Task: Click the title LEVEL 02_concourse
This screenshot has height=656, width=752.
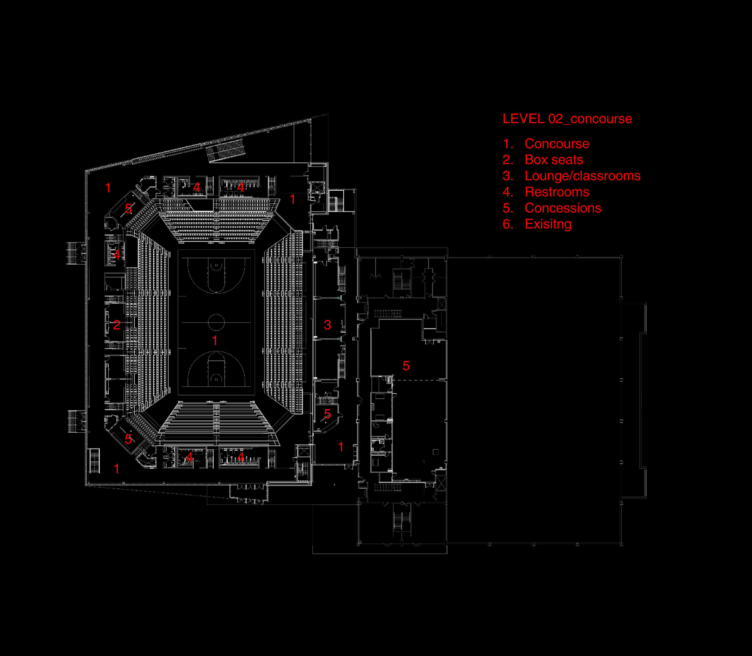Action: (x=567, y=119)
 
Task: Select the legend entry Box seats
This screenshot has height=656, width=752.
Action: (x=554, y=160)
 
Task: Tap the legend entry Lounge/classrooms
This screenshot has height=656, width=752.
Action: (x=582, y=176)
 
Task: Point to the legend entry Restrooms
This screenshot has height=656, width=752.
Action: (x=557, y=192)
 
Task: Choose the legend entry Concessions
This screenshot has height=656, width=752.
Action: (x=563, y=208)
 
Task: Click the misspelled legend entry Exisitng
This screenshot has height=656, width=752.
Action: (x=548, y=224)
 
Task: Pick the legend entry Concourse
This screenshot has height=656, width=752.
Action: (x=557, y=144)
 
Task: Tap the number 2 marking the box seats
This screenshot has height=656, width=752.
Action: (x=117, y=325)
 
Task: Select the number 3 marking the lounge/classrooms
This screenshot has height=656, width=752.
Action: (x=327, y=325)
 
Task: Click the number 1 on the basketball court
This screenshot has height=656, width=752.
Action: (x=215, y=341)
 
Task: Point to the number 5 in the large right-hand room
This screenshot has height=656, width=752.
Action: (x=406, y=365)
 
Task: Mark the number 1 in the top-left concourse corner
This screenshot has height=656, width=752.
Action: (x=108, y=188)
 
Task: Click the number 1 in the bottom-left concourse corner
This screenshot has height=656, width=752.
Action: (x=117, y=469)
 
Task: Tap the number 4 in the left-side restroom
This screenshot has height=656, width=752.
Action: (x=117, y=255)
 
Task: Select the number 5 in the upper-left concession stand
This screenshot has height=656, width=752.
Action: (x=128, y=209)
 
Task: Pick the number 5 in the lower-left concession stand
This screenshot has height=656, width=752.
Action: (x=128, y=439)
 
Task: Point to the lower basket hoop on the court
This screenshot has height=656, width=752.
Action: (x=216, y=379)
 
